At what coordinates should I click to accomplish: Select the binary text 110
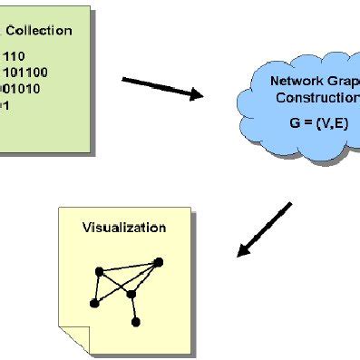12,55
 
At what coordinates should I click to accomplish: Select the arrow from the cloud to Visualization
265,229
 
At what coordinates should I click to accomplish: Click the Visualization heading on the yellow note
124,228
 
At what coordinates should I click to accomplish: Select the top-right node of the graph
159,263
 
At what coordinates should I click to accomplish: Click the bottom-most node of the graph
136,321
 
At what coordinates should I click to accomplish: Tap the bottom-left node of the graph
93,304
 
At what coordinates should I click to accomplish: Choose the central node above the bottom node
131,294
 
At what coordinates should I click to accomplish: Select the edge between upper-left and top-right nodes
129,267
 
